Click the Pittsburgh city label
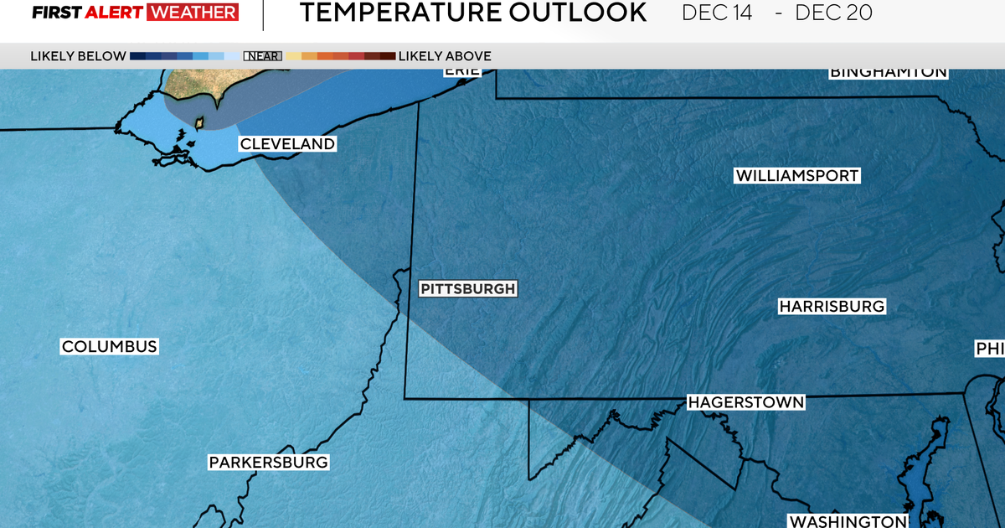(467, 289)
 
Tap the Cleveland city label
(287, 144)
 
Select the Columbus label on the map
(109, 347)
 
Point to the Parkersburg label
(268, 463)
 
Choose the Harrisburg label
(832, 307)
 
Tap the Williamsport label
(797, 176)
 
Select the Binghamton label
(888, 72)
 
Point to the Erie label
(462, 71)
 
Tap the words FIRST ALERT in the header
(88, 13)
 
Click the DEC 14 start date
(718, 13)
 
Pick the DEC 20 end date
(832, 13)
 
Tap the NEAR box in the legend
(262, 56)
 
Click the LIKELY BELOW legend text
(78, 56)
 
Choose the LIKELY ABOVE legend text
(445, 56)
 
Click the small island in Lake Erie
(199, 123)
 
